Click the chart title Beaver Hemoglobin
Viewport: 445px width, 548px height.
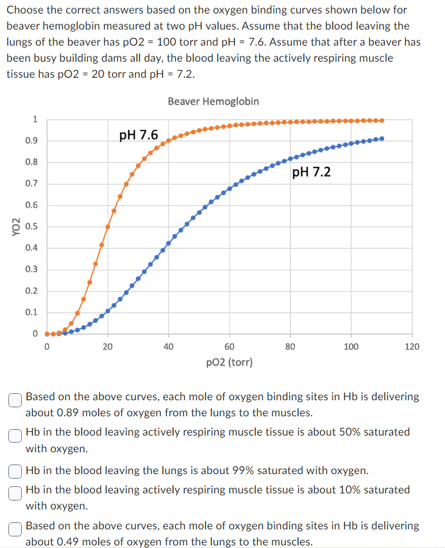pyautogui.click(x=214, y=102)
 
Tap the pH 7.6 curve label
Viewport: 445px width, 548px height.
pyautogui.click(x=139, y=136)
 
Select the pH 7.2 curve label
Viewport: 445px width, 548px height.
pyautogui.click(x=311, y=172)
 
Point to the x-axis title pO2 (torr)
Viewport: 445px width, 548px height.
pyautogui.click(x=230, y=362)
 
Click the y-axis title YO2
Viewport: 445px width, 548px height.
pyautogui.click(x=14, y=227)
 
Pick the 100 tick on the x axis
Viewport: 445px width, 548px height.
pyautogui.click(x=351, y=347)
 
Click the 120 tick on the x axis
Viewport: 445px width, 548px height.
pyautogui.click(x=412, y=347)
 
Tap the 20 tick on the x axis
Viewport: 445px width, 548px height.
pyautogui.click(x=108, y=347)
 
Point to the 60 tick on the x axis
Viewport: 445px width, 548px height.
pyautogui.click(x=230, y=347)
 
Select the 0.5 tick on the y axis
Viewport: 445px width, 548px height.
pyautogui.click(x=31, y=227)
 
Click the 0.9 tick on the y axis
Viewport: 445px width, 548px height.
pyautogui.click(x=31, y=141)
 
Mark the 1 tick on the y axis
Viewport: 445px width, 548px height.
pyautogui.click(x=35, y=119)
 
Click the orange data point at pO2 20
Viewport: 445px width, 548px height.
pyautogui.click(x=108, y=227)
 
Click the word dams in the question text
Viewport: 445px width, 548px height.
pyautogui.click(x=110, y=58)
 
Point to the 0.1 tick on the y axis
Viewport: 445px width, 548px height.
pyautogui.click(x=31, y=312)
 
